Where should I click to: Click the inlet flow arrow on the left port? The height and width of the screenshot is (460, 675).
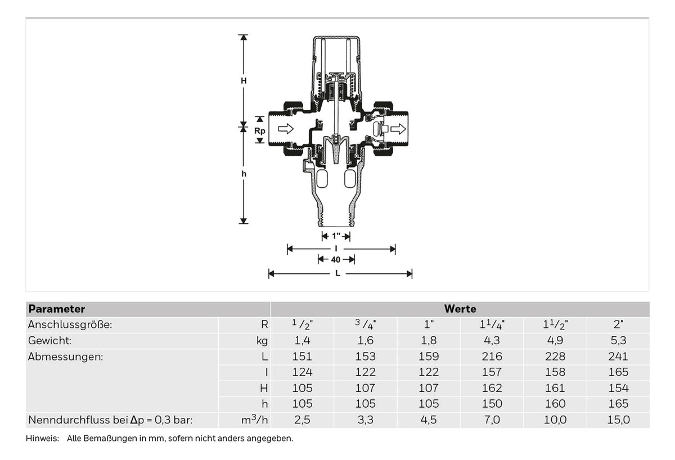286,129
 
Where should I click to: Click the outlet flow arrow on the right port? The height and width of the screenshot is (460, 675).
398,129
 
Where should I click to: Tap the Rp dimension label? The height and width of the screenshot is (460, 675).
260,130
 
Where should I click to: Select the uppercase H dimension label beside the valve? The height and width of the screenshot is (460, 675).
244,81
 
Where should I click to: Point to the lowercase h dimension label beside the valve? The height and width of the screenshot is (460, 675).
244,174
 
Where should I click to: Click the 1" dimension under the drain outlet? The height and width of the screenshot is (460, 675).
336,236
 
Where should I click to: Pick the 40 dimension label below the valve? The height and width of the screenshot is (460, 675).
336,260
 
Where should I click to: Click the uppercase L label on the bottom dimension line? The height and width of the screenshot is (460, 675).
338,273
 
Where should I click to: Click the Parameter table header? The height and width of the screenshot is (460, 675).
57,309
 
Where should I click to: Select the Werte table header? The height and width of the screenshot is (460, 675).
460,309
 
